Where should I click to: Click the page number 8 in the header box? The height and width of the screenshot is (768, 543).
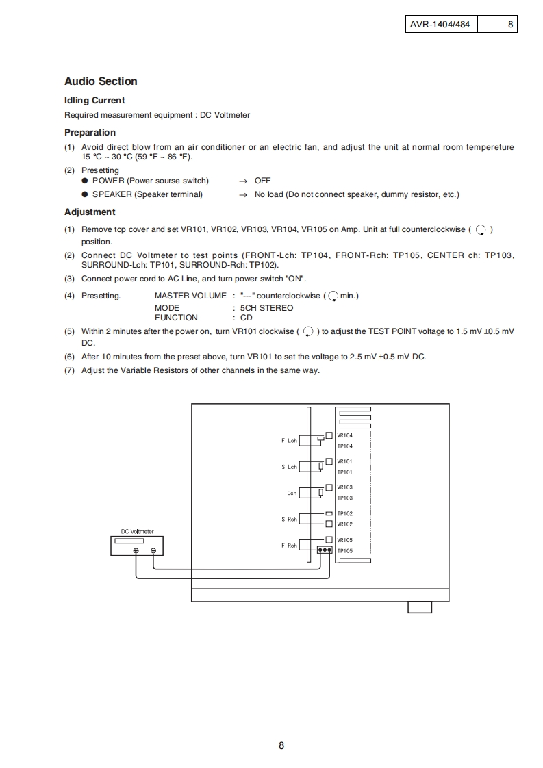[510, 25]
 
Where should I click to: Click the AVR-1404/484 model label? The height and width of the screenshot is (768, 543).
[440, 25]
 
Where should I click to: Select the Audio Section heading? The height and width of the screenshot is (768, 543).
[101, 81]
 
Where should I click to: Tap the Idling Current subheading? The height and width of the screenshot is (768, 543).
[94, 101]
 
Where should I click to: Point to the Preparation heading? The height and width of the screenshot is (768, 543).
[90, 133]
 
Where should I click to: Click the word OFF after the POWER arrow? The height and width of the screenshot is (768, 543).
[262, 181]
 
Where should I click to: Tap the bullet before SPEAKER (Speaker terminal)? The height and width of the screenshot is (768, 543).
[85, 194]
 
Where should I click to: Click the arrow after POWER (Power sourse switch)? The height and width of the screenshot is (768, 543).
[242, 181]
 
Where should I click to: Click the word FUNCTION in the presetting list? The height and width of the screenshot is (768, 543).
[176, 318]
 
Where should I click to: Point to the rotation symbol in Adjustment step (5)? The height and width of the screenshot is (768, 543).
[308, 332]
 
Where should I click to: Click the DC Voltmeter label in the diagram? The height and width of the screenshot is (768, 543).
[138, 531]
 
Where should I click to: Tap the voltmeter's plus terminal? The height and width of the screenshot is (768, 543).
[136, 551]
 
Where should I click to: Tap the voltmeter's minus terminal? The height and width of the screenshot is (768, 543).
[153, 551]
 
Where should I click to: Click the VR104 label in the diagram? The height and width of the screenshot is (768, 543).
[344, 436]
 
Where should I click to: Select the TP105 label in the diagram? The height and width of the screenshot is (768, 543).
[344, 550]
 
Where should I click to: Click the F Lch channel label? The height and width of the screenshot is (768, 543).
[289, 441]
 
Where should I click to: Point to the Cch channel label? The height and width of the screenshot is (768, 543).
[292, 493]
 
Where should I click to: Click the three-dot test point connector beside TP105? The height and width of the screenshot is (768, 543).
[325, 550]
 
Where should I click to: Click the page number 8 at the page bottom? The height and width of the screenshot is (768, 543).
[281, 745]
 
